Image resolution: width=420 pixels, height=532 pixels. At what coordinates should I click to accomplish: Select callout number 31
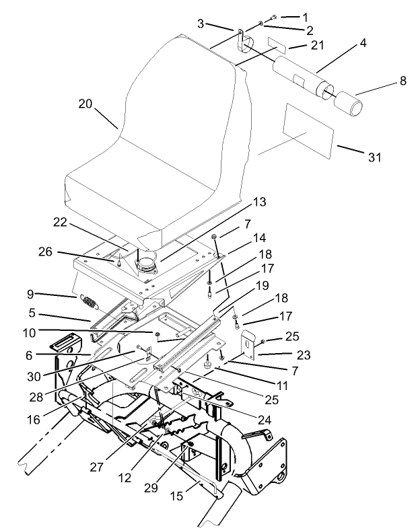click(x=374, y=157)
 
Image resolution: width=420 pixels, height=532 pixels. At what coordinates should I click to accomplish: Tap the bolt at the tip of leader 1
click(x=273, y=16)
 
